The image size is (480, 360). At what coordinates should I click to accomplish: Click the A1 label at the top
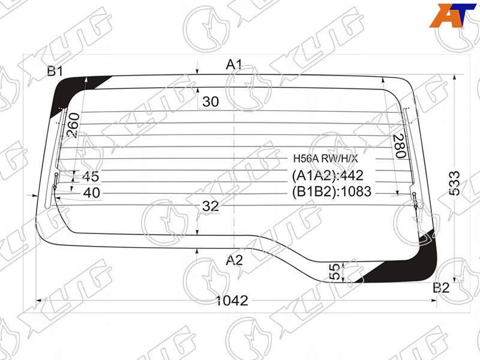point(234,65)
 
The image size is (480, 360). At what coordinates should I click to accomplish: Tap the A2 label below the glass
point(234,260)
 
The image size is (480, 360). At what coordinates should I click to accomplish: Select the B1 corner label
point(55,71)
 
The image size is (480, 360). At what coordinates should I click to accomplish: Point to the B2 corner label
point(441,288)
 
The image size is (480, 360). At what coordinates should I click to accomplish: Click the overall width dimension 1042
point(232,301)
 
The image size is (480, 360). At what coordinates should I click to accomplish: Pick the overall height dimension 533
point(455,183)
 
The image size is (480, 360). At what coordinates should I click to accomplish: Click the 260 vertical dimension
point(73,125)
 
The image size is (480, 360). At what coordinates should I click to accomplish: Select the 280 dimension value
point(400,146)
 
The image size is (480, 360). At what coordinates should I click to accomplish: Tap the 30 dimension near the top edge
point(211,101)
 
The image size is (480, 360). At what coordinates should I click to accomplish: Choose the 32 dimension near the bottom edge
point(211,206)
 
